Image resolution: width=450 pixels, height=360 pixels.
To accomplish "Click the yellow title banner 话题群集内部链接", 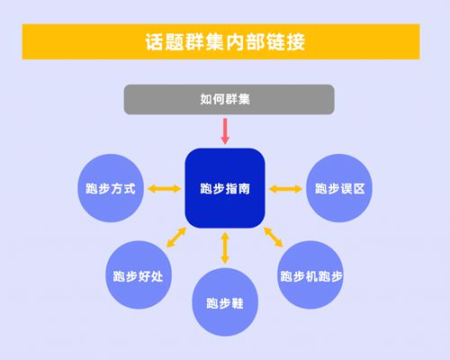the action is pos(220,41).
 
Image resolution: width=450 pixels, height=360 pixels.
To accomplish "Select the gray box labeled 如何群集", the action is pos(229,99).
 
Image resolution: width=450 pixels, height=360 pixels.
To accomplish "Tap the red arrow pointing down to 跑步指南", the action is pos(225,131).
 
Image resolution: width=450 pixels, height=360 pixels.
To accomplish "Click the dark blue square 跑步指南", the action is pos(225,188).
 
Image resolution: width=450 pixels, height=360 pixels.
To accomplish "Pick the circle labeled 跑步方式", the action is pos(111,188).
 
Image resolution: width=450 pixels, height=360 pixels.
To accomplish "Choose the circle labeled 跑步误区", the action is pos(339,188).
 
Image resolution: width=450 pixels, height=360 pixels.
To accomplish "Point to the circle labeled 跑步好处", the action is pos(139,275).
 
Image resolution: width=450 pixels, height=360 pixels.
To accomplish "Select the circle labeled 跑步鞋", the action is pos(225,302).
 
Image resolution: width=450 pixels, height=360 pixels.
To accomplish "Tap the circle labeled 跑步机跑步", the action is pos(310,275).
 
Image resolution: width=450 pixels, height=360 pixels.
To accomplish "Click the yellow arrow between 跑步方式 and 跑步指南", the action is pos(164,189).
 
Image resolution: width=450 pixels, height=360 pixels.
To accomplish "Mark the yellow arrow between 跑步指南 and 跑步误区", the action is pos(285,189).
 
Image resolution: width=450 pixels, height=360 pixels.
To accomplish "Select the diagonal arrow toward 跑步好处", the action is pos(176,238).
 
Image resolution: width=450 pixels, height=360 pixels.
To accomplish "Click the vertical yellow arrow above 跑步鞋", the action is pos(225,247).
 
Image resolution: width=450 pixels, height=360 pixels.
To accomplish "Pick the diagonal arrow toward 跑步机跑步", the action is pos(274,237).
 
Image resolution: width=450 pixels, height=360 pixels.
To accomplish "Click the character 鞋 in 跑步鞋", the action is pos(238,303).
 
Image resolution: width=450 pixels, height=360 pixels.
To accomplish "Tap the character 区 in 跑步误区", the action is pos(359,189).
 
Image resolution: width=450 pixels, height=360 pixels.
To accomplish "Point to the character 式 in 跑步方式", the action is pos(130,189).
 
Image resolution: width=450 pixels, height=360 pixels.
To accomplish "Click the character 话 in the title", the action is pos(155,41).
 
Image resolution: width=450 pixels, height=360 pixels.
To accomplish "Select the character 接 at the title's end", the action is pos(296,41).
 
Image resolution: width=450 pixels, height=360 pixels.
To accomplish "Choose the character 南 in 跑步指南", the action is pos(244,189).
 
